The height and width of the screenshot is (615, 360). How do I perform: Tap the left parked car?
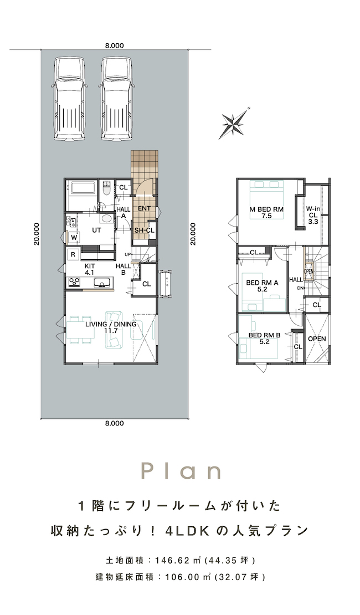(x=69, y=99)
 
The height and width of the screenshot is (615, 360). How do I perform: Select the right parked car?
(x=117, y=99)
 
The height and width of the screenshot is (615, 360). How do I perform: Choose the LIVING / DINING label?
(x=111, y=327)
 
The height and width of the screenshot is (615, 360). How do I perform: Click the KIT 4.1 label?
(x=90, y=269)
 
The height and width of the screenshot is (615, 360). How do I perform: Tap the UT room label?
(x=96, y=230)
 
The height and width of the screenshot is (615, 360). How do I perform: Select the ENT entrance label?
(x=144, y=208)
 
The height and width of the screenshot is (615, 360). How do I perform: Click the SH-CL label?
(x=145, y=230)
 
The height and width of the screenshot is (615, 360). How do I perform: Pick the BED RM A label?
(x=262, y=286)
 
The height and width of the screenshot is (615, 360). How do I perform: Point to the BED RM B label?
(x=264, y=339)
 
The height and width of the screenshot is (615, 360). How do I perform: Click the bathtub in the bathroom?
(x=83, y=188)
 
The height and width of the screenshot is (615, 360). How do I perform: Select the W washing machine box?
(x=74, y=237)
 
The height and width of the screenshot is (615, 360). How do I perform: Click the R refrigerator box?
(x=73, y=254)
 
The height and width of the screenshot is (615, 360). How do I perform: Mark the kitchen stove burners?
(x=75, y=281)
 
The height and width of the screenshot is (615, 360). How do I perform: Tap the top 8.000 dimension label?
(x=115, y=45)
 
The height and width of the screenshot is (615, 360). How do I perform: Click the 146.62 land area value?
(x=168, y=560)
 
